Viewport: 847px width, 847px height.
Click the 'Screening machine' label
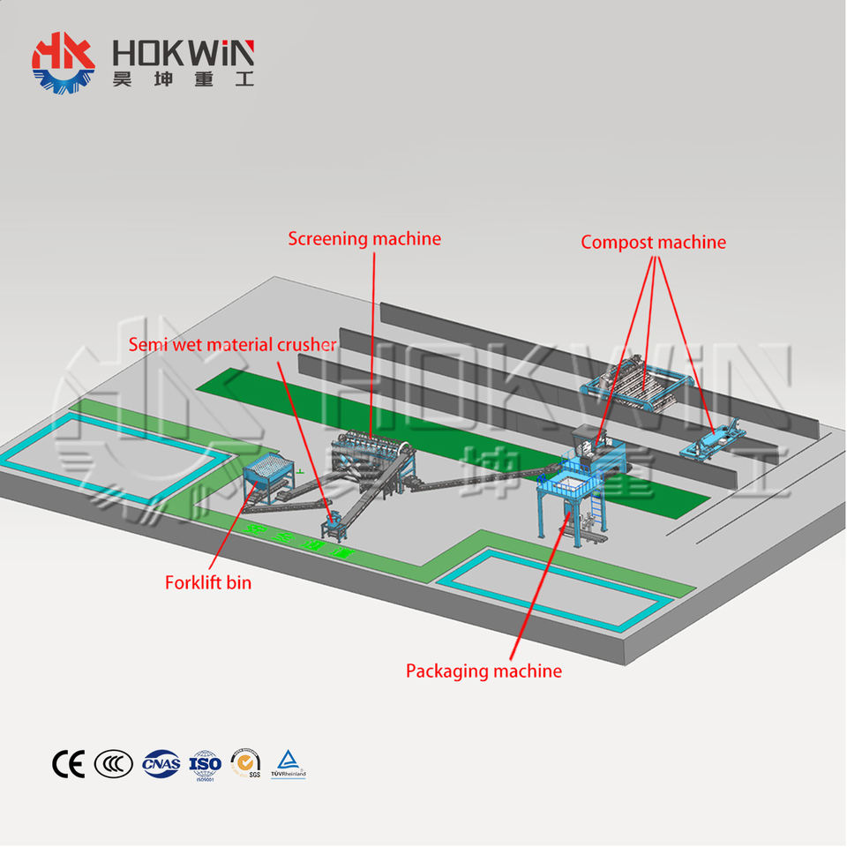364,239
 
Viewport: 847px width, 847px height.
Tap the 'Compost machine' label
653,242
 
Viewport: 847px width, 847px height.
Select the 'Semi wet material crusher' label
232,344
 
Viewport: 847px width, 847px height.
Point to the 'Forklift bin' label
207,582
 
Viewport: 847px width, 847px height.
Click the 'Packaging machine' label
483,671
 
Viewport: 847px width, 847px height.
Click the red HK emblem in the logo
63,60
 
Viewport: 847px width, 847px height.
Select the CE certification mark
68,763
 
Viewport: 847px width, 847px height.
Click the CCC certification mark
113,763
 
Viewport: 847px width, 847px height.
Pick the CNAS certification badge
161,763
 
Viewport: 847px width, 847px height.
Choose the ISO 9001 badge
205,763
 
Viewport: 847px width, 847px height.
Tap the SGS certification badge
245,763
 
